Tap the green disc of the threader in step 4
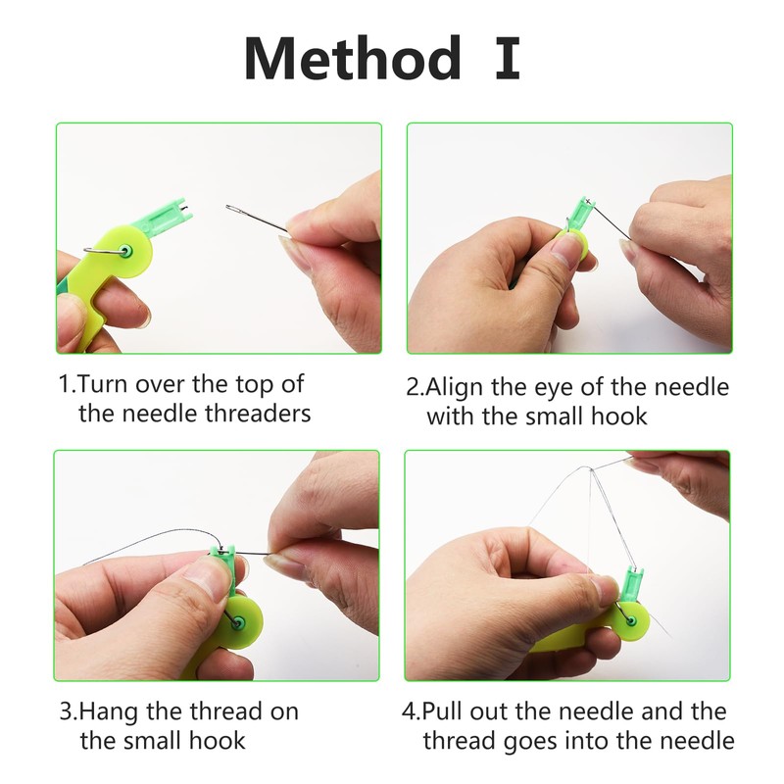point(637,618)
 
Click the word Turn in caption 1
point(103,383)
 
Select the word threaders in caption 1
point(259,413)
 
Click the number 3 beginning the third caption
point(65,710)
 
